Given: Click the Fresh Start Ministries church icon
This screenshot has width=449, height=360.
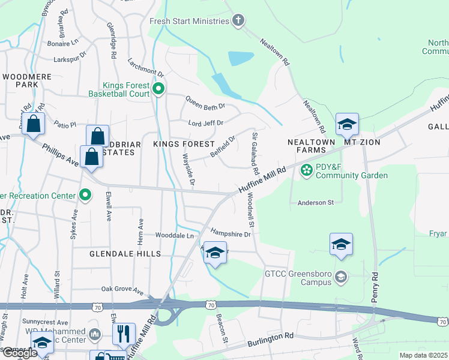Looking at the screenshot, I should (238, 21).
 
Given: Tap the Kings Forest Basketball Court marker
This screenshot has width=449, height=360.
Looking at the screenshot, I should (158, 90).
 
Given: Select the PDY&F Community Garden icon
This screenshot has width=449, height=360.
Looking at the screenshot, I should (306, 171).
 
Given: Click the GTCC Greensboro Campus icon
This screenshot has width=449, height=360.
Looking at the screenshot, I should (341, 277).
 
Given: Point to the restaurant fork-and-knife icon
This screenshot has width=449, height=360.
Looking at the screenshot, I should (123, 334).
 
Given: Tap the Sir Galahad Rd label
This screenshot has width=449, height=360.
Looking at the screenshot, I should (255, 154).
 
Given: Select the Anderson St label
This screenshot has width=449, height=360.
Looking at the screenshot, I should (315, 203).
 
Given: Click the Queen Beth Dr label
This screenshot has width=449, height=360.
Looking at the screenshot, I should (205, 103).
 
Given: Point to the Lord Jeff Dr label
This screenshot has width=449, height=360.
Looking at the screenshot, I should (205, 123).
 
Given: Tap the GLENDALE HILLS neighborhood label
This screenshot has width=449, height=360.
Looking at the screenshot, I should (125, 254).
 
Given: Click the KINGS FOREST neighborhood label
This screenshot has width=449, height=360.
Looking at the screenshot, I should (184, 145).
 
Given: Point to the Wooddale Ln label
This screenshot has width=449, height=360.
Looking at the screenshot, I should (175, 236).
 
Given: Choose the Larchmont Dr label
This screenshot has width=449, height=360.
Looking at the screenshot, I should (146, 68).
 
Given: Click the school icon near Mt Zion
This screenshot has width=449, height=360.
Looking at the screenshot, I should (347, 124).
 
